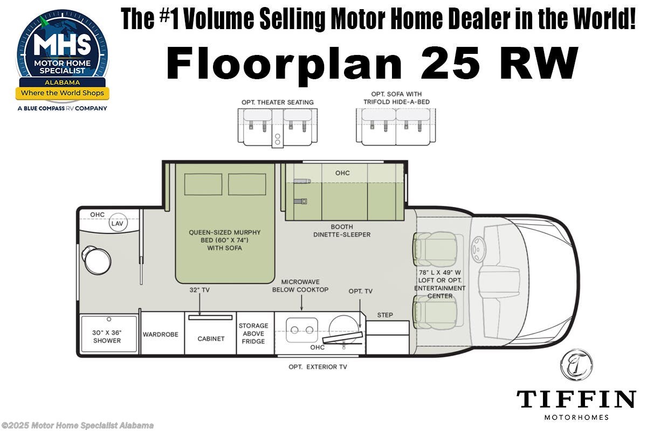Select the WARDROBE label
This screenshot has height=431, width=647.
click(161, 335)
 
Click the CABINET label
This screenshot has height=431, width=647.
click(210, 339)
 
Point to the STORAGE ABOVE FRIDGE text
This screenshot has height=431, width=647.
click(253, 333)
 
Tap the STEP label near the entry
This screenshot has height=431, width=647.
click(385, 315)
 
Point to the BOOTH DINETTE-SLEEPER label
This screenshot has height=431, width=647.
click(342, 231)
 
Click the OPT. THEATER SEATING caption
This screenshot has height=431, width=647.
click(278, 102)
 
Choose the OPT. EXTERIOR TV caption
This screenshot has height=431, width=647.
click(318, 367)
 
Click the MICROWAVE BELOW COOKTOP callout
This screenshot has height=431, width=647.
click(300, 286)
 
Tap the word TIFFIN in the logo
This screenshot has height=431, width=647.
click(576, 399)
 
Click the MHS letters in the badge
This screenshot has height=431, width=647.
click(63, 46)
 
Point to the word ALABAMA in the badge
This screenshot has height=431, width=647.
click(61, 83)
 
